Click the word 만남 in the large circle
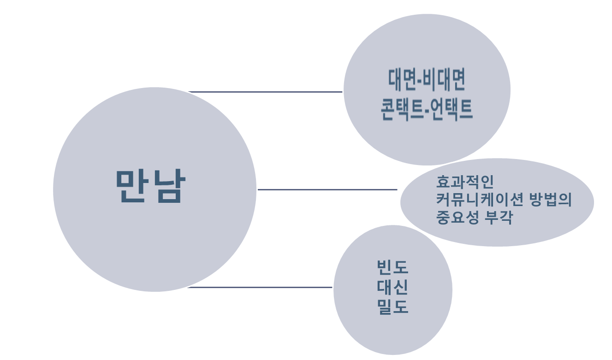point(150,186)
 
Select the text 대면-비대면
point(427,80)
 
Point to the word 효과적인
point(465,182)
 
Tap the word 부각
point(498,217)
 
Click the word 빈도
point(392,267)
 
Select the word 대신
point(392,287)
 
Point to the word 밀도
point(392,307)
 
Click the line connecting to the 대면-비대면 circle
point(265,92)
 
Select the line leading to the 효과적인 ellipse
point(327,189)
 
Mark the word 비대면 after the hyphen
point(445,80)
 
